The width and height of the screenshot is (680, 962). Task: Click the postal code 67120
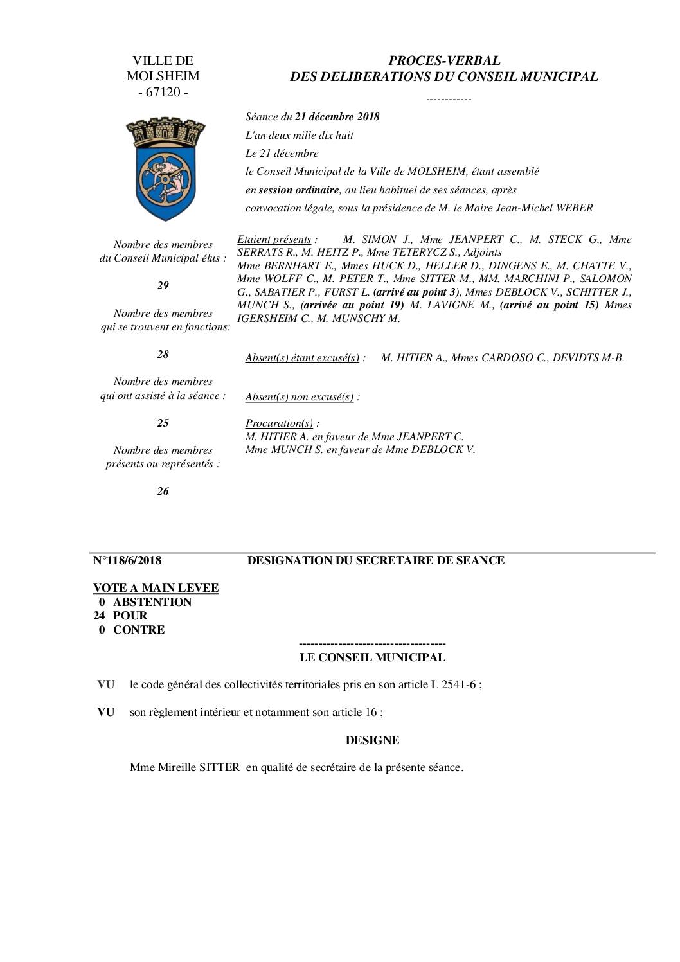[163, 92]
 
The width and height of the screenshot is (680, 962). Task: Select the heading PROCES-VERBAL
[444, 60]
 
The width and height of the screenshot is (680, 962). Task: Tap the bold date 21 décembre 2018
[337, 116]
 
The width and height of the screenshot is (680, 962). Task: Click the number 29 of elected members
[163, 285]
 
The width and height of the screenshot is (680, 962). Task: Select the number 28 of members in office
[163, 354]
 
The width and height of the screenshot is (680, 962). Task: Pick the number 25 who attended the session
[163, 423]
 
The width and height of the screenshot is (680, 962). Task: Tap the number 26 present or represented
[163, 491]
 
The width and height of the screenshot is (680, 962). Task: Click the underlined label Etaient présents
[274, 239]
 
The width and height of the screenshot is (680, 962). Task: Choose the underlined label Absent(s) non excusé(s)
[300, 396]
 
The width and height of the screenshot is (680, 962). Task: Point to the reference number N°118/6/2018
[127, 560]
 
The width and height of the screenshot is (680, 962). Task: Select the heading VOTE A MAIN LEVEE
[156, 588]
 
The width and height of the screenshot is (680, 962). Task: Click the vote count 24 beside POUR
[100, 616]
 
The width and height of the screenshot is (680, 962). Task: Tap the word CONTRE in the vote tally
[139, 630]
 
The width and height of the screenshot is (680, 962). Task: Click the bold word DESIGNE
[372, 740]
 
